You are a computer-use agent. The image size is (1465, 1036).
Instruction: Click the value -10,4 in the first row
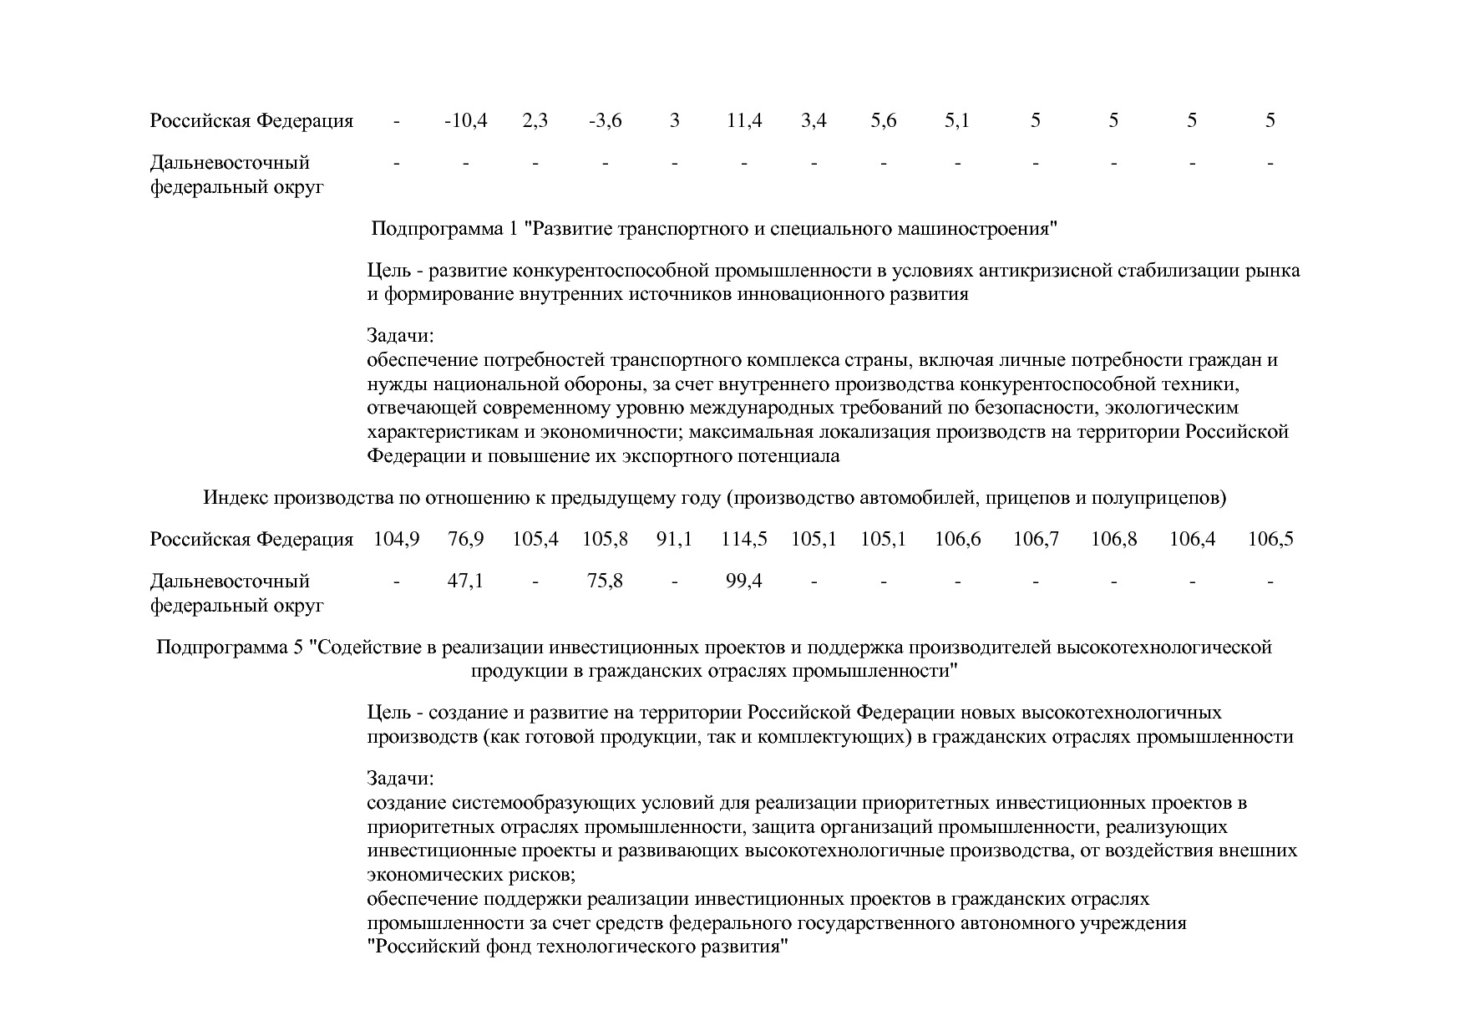(465, 121)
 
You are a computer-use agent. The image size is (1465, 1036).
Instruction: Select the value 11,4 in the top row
(743, 121)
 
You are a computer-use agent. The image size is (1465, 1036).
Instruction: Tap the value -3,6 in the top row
(605, 121)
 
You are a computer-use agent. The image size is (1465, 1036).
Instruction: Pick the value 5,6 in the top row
(883, 121)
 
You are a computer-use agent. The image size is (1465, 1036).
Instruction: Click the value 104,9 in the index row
(396, 540)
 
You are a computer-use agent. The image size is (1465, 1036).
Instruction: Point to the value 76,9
(465, 540)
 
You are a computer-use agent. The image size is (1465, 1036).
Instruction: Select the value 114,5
(743, 540)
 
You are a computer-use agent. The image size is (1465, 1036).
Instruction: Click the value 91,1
(674, 540)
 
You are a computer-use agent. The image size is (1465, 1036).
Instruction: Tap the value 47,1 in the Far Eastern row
(465, 581)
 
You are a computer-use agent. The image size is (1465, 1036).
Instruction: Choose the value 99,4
(743, 581)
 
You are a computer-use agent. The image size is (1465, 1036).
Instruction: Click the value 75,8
(605, 581)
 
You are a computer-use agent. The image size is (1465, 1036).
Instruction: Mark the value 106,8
(1113, 540)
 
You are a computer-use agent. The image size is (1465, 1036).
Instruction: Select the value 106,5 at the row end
(1270, 540)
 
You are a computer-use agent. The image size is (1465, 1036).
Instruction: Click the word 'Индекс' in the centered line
(236, 499)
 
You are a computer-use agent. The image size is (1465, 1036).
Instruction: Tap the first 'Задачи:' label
(400, 337)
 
